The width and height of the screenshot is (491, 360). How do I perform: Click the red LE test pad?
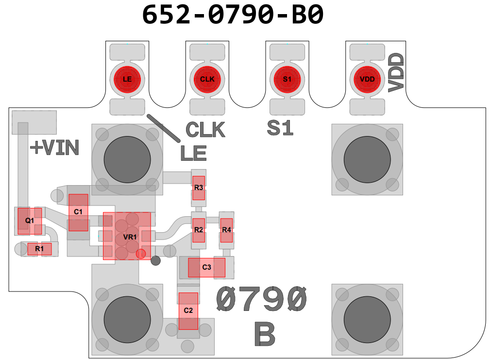click(127, 79)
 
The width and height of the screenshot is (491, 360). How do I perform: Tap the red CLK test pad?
click(207, 79)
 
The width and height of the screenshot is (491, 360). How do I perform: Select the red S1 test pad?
click(287, 79)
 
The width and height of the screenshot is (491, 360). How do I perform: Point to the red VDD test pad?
click(367, 79)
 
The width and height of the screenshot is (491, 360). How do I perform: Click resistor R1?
click(39, 249)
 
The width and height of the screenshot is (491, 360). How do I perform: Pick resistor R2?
click(198, 229)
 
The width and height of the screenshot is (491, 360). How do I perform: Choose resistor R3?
click(198, 188)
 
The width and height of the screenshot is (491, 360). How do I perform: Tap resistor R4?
click(226, 229)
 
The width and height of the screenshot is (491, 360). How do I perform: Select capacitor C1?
click(78, 212)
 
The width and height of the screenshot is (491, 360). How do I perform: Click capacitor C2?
click(188, 310)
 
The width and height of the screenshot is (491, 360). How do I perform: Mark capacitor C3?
click(206, 267)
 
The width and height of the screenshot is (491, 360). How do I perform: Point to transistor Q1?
click(29, 220)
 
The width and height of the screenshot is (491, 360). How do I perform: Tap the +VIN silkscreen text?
click(54, 148)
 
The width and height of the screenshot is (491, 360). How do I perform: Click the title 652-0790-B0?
click(233, 15)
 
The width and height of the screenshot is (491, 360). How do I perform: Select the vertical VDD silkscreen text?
click(396, 73)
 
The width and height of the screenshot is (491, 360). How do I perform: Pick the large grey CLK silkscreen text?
click(205, 130)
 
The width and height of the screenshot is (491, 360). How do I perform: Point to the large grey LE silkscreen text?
click(193, 153)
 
